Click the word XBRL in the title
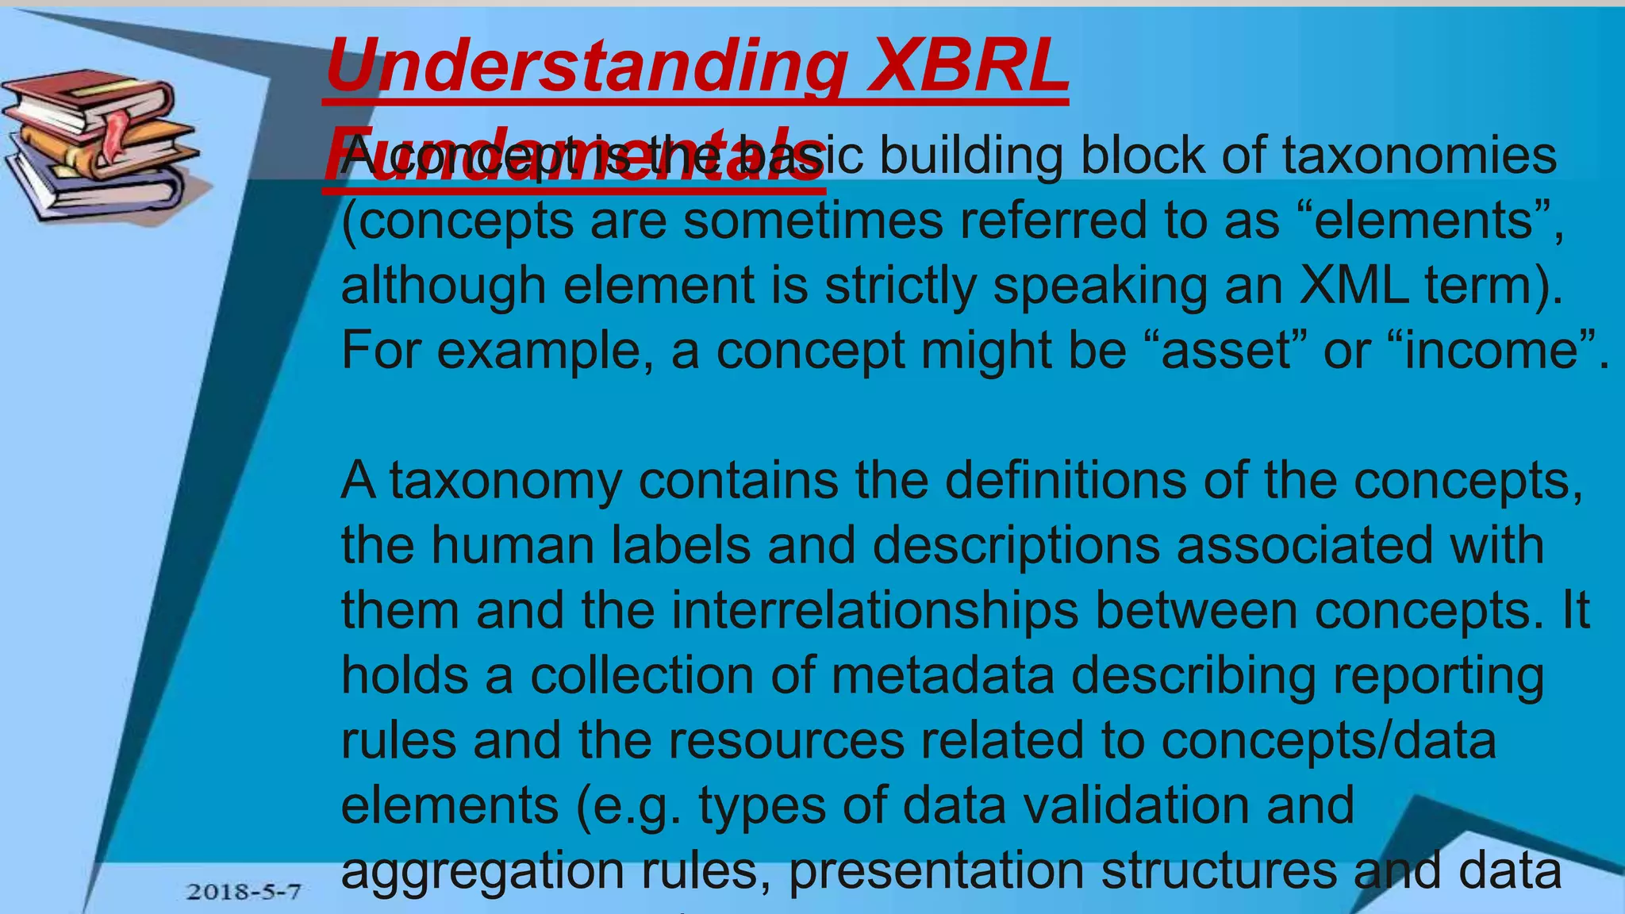coord(967,65)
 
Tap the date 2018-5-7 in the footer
coord(244,891)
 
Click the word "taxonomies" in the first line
coord(1419,156)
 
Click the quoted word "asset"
coord(1227,351)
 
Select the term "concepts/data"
coord(1329,740)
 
